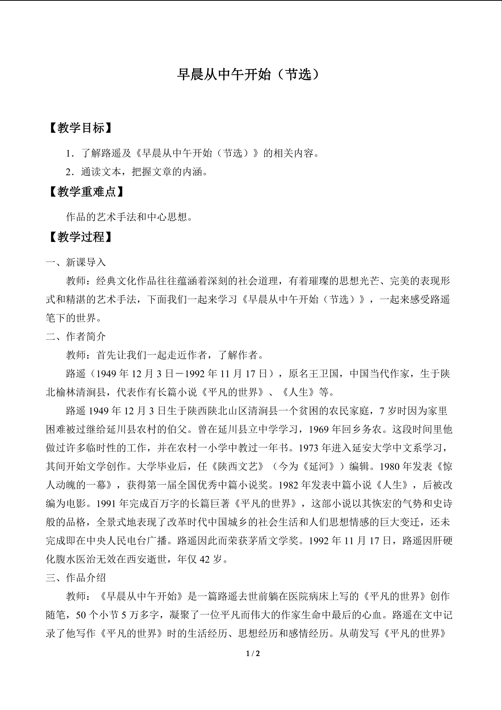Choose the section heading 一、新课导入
(x=76, y=263)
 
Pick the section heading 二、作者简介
(x=76, y=337)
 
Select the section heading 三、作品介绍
(x=76, y=577)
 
